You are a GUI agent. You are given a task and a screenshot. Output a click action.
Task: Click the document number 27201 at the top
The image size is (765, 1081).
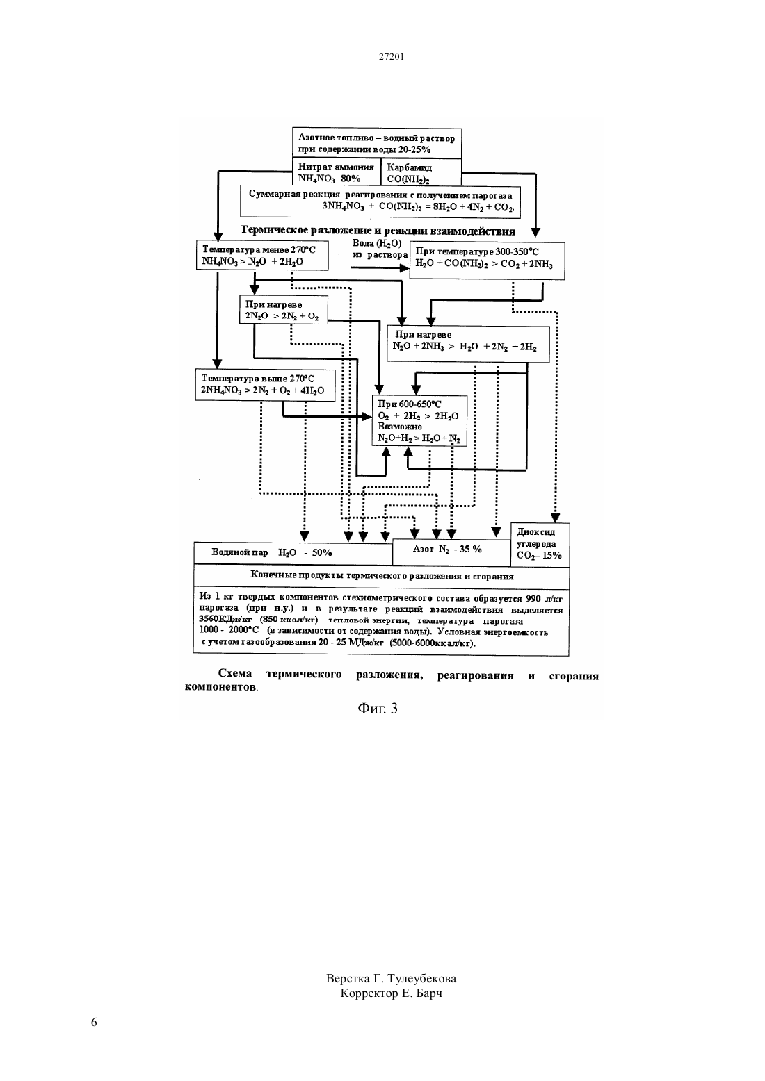click(x=391, y=56)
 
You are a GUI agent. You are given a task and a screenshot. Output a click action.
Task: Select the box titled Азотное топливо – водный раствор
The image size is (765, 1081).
click(x=377, y=143)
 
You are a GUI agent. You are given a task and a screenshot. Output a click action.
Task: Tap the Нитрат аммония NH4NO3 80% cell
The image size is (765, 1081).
click(x=337, y=172)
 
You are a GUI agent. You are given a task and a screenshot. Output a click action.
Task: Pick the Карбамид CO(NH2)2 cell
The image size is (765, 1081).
click(x=421, y=172)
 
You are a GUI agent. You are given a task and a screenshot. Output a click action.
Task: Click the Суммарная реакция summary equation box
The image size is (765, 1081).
click(x=380, y=201)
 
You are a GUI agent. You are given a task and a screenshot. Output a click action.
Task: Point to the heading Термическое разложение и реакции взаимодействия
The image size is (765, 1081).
click(x=377, y=231)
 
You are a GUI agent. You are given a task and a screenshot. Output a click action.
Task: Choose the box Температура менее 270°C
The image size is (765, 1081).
click(x=262, y=255)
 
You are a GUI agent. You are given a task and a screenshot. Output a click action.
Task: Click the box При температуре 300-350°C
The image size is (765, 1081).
click(x=487, y=261)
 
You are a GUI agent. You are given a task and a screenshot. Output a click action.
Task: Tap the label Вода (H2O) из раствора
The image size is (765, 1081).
click(x=380, y=249)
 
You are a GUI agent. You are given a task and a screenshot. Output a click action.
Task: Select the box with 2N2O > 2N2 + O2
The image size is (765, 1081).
click(x=284, y=309)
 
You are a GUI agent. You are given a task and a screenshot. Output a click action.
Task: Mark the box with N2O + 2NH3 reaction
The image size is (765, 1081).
click(x=468, y=344)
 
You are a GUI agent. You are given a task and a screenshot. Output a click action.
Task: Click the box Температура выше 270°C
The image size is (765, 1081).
click(x=265, y=385)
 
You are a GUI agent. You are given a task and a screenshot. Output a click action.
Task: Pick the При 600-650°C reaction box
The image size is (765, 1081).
click(x=419, y=421)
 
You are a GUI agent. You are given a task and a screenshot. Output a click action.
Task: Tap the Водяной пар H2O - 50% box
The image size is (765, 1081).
click(x=293, y=552)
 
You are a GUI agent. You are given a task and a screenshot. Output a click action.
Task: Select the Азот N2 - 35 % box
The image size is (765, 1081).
click(x=451, y=552)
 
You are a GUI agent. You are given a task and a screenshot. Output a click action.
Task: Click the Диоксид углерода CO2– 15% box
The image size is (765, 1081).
click(x=540, y=545)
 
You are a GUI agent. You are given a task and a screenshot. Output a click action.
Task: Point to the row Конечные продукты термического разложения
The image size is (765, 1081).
click(x=382, y=577)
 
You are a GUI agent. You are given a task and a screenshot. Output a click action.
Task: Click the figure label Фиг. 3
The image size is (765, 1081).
click(x=378, y=708)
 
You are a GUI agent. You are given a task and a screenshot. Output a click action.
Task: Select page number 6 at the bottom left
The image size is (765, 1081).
click(x=94, y=1022)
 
